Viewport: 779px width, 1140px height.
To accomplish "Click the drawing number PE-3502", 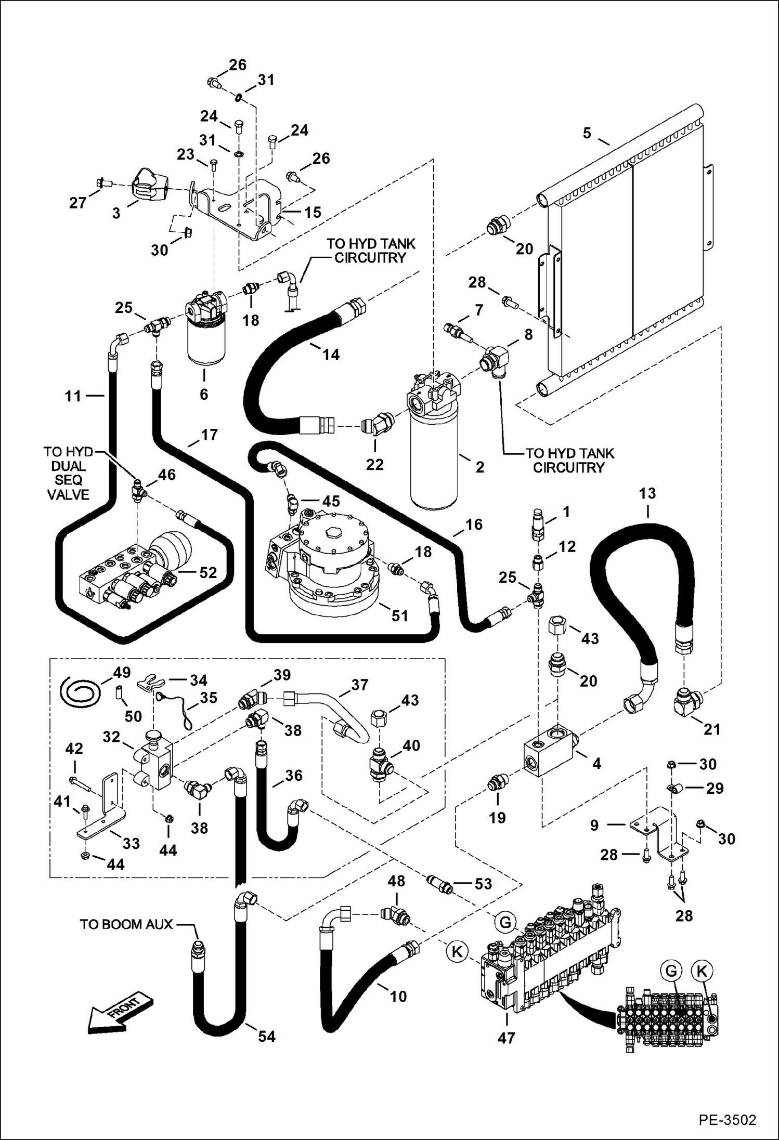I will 727,1119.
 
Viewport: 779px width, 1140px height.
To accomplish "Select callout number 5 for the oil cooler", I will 587,133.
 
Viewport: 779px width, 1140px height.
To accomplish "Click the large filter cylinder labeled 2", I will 433,457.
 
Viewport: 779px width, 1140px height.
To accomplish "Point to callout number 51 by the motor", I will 399,616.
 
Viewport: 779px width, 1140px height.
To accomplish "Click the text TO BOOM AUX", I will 126,924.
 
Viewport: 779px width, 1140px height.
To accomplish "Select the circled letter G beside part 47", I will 505,923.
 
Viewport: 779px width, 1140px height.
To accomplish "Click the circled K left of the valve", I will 457,952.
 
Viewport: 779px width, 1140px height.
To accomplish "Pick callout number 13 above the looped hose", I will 647,493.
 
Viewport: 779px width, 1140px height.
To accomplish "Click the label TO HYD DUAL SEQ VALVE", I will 68,473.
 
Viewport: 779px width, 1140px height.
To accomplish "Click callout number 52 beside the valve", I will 208,572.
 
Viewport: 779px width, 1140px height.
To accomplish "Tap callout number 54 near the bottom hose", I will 266,1037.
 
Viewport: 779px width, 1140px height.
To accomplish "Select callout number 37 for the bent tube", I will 359,685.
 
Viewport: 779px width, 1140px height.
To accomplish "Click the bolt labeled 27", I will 102,183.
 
